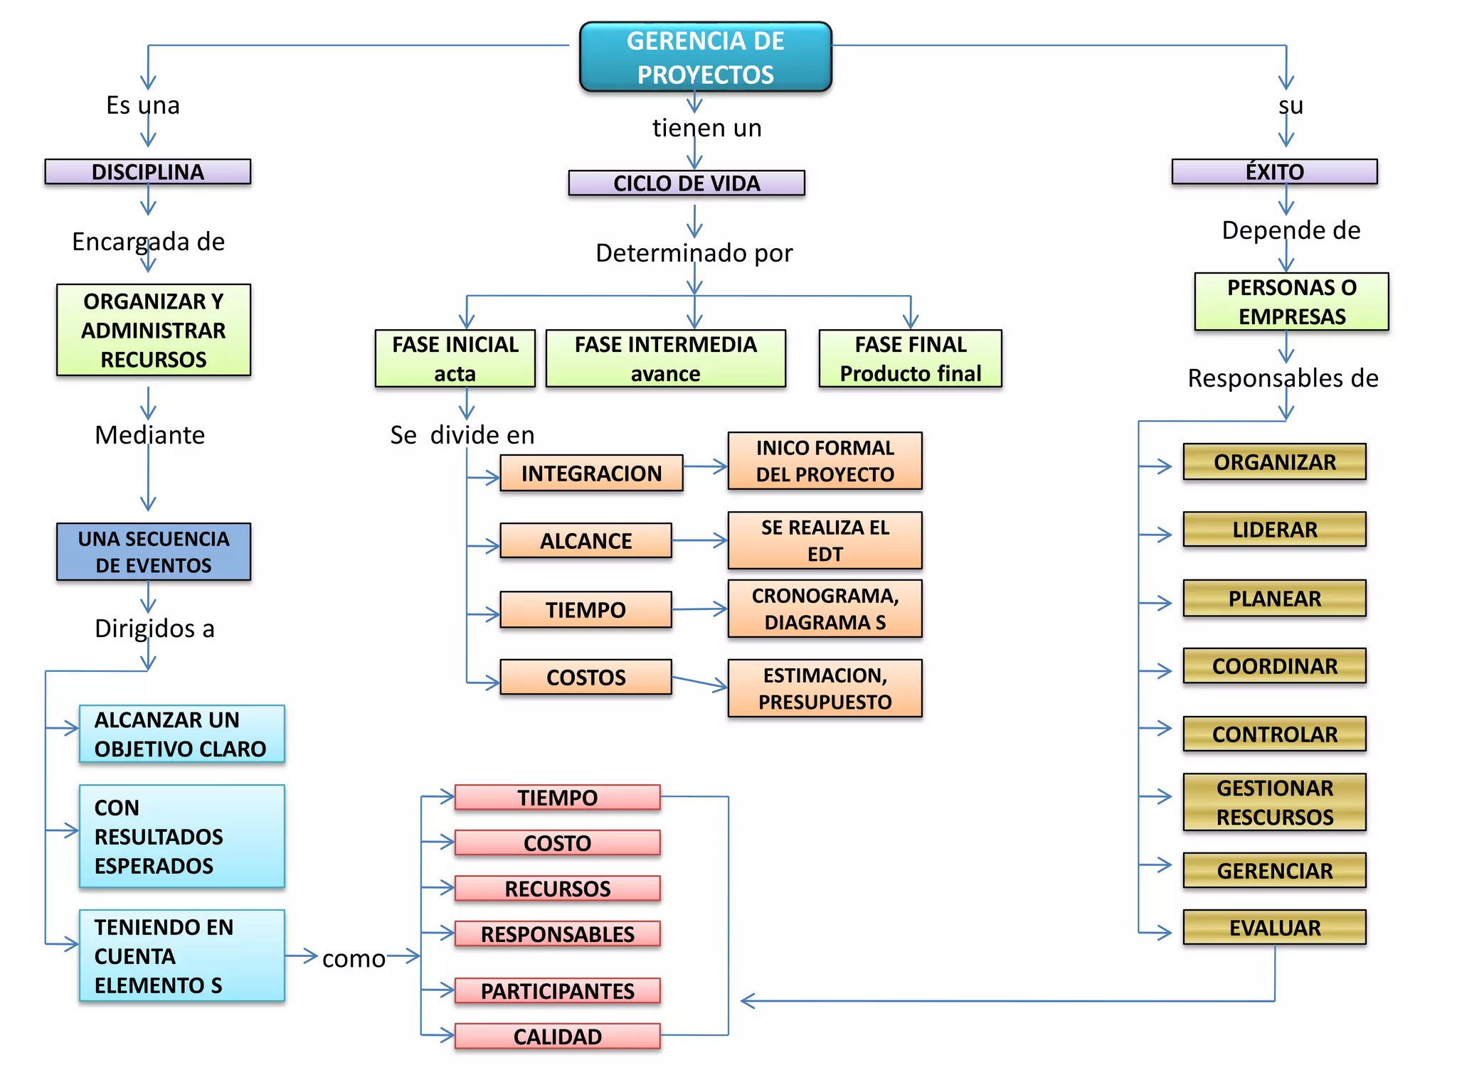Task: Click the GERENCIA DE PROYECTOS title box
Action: (x=705, y=57)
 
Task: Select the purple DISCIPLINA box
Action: (x=148, y=171)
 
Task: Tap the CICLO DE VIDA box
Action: (x=687, y=183)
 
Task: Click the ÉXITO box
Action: (x=1274, y=171)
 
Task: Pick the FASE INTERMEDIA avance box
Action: (x=665, y=358)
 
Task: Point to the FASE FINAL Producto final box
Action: (x=910, y=358)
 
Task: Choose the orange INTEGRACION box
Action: (x=591, y=473)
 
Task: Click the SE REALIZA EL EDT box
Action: (x=825, y=540)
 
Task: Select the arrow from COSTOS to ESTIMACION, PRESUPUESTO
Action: (x=699, y=682)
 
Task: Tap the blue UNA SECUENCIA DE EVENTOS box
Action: (x=154, y=552)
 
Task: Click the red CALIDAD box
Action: (x=557, y=1036)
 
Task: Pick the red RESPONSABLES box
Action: (x=557, y=933)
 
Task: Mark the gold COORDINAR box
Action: (x=1274, y=665)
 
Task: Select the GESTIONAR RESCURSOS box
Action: (x=1274, y=802)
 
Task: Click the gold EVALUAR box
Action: (x=1274, y=927)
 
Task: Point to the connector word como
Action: (x=354, y=958)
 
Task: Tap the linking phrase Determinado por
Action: (x=694, y=252)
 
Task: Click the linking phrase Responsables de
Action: (x=1283, y=378)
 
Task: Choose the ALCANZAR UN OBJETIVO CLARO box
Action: (x=181, y=734)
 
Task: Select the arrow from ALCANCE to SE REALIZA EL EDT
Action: (x=699, y=540)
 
